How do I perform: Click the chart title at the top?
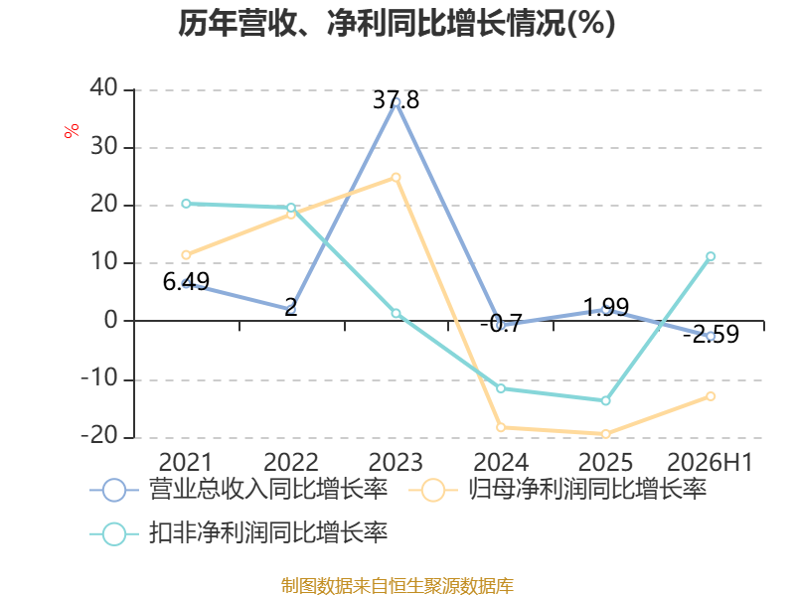coord(397,23)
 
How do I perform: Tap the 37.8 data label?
coord(396,100)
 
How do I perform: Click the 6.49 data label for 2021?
coord(186,281)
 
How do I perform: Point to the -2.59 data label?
coord(711,334)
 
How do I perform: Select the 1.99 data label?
coord(606,307)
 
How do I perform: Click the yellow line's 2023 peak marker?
coord(396,178)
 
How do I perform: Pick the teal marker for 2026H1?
coord(711,256)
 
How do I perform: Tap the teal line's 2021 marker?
coord(186,204)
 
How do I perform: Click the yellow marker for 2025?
coord(605,434)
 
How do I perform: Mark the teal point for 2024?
coord(501,388)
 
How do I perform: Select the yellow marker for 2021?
coord(186,255)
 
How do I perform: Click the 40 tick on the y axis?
coord(104,87)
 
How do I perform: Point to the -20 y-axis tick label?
coord(99,435)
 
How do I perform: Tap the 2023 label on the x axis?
coord(396,462)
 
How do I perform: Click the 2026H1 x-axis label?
coord(710,462)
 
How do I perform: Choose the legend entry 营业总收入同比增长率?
coord(238,490)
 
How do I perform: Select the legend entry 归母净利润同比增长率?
coord(557,490)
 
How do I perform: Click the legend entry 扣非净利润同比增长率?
coord(238,533)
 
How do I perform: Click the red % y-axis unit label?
coord(72,130)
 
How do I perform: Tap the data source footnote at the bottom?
coord(397,586)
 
